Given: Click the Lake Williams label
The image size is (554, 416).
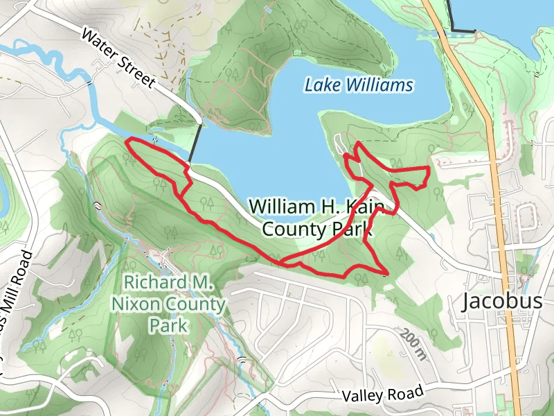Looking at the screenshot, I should coord(359,86).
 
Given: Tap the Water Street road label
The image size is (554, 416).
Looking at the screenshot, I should coord(117,58).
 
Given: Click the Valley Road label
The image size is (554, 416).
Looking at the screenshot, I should coord(383,395).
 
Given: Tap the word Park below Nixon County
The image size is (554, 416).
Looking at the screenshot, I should coord(168,324).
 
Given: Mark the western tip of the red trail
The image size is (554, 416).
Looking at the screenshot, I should coord(126,142).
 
